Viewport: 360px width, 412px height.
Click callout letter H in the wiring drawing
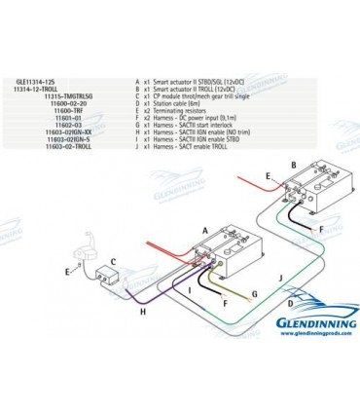143,312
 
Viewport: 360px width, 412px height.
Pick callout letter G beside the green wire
253,291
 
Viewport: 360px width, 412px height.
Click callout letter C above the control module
113,262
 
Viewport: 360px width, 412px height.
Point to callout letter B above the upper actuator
291,167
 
